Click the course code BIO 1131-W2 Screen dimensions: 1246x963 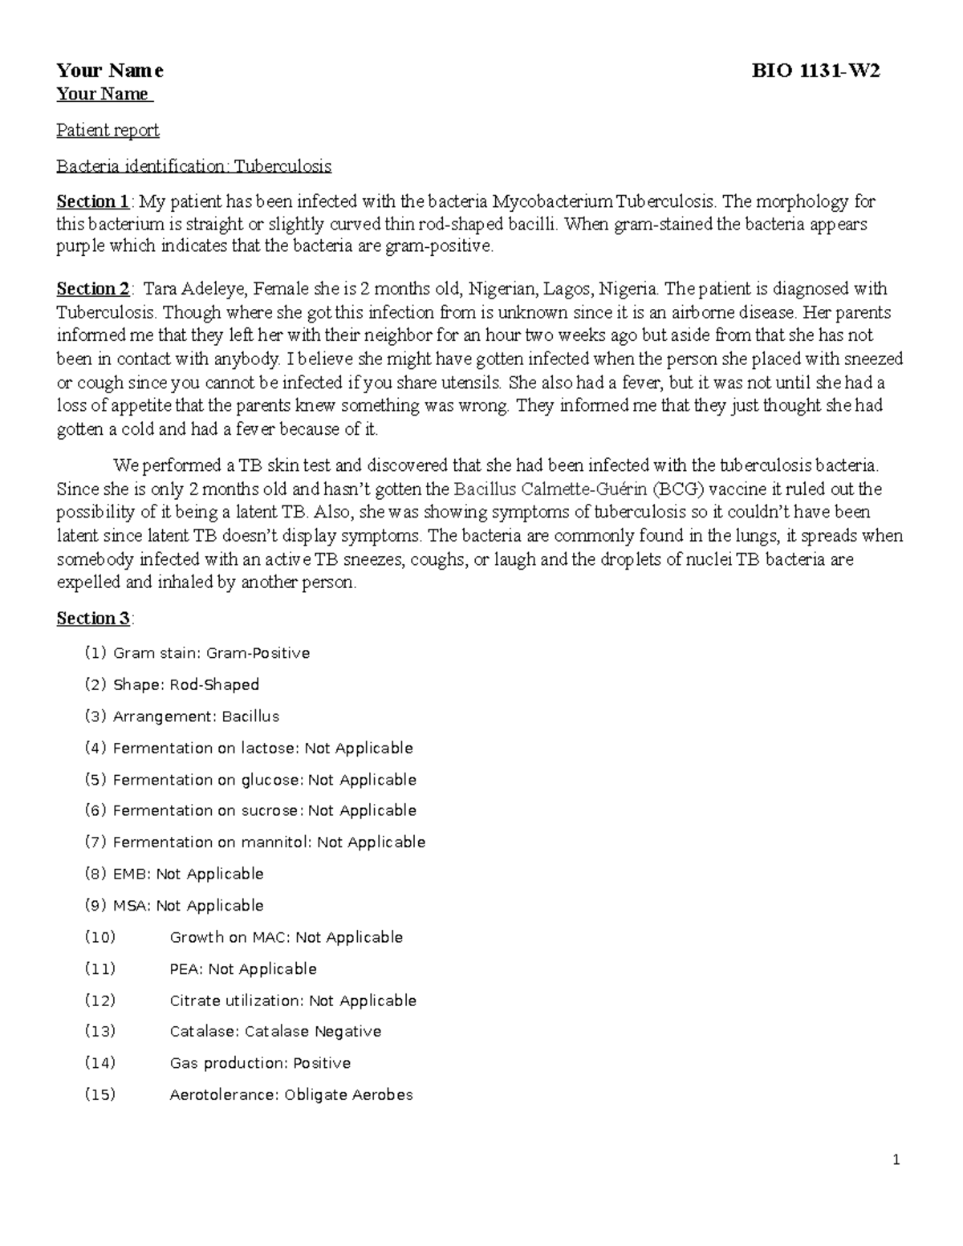click(815, 71)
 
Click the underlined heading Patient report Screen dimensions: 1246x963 click(108, 130)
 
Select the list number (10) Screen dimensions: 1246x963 click(100, 937)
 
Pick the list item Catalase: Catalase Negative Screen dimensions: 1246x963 click(275, 1032)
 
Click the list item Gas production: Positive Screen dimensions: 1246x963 click(260, 1063)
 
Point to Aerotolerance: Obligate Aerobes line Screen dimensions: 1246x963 click(291, 1094)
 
